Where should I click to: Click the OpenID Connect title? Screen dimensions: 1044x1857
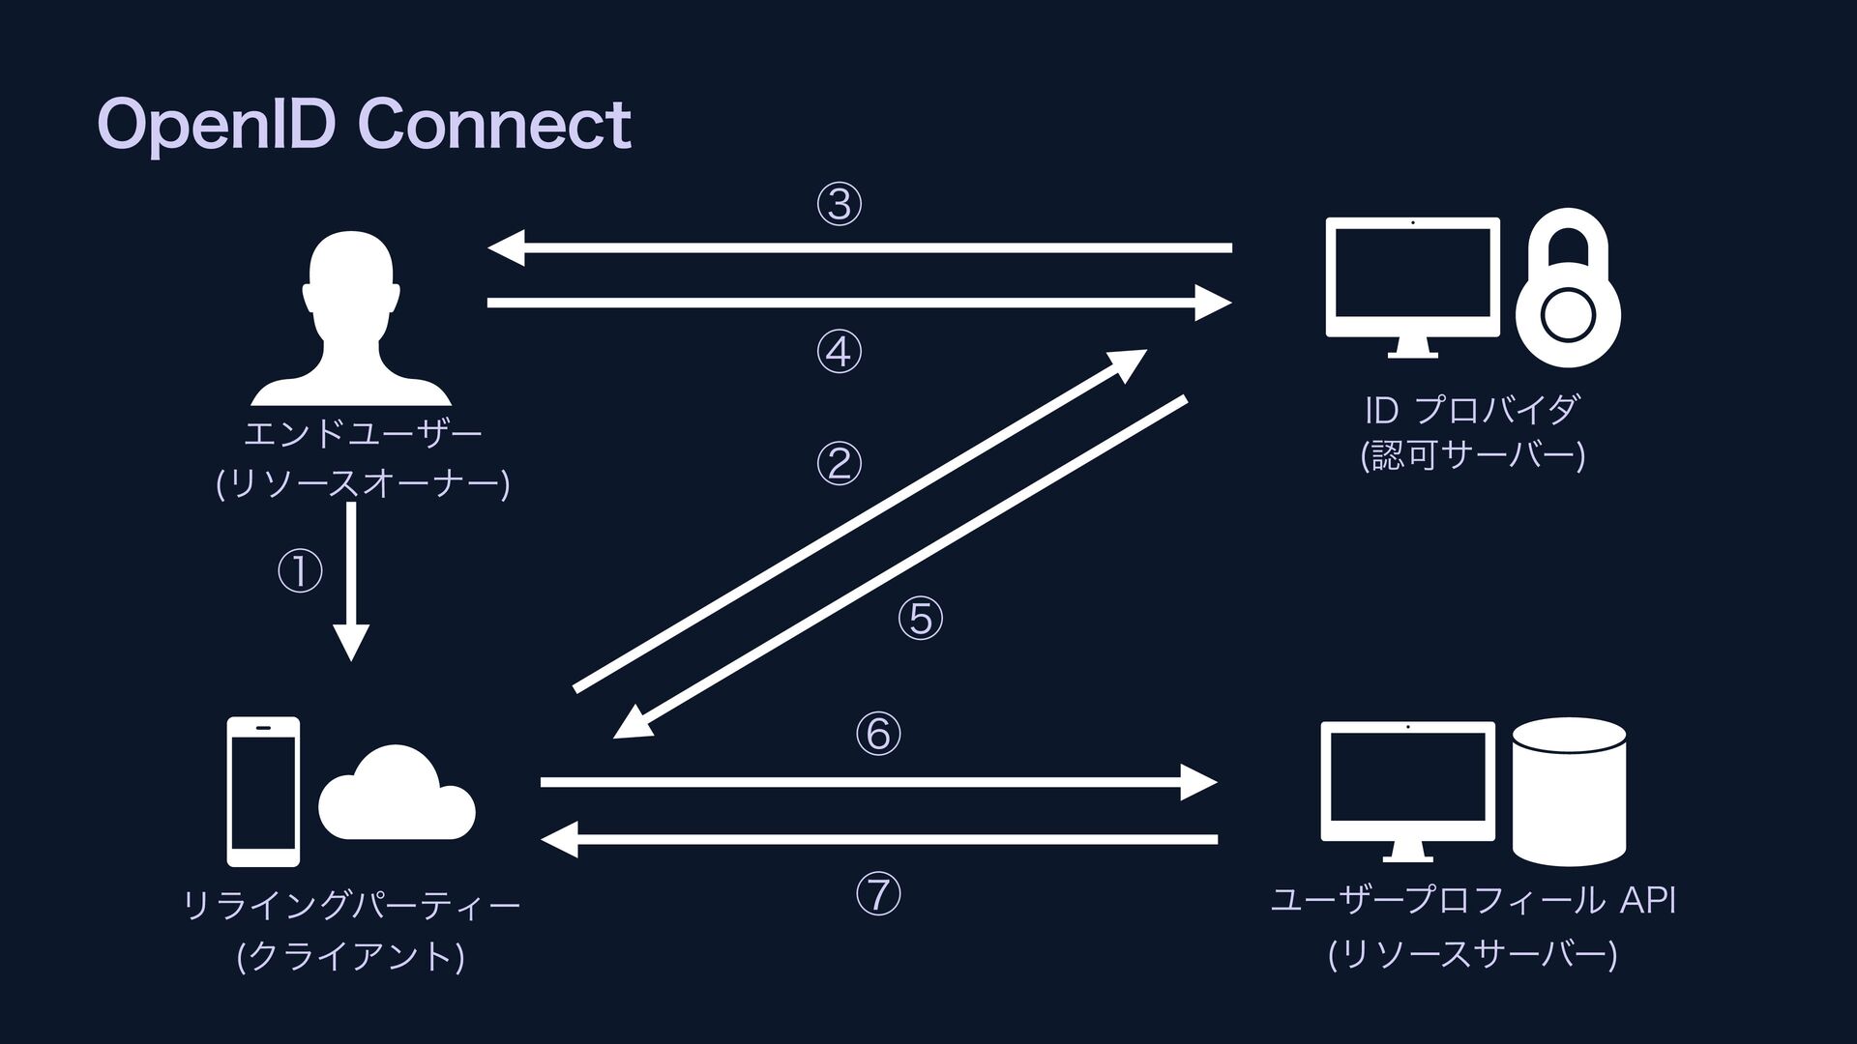pos(364,126)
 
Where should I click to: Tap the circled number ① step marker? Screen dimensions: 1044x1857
pos(300,571)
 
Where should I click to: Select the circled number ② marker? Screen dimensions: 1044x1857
pos(839,464)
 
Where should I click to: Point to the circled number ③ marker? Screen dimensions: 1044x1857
pos(839,205)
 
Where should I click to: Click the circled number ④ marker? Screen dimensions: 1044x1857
pos(839,352)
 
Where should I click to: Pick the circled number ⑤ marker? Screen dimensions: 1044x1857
pos(920,619)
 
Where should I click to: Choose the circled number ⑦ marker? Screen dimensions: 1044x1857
pos(877,895)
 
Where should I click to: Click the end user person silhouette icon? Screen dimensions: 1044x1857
pos(350,319)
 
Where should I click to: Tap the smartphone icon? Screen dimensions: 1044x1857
pos(263,792)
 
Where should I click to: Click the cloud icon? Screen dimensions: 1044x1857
pos(397,795)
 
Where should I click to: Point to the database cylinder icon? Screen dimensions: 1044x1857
pos(1569,792)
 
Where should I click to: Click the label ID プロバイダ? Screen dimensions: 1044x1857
pos(1471,411)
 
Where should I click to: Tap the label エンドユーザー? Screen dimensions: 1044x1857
pos(363,434)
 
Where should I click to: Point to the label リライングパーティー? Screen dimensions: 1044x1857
pos(352,906)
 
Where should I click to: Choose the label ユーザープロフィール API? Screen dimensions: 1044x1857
pos(1472,901)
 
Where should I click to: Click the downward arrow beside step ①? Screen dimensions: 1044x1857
pos(351,580)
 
